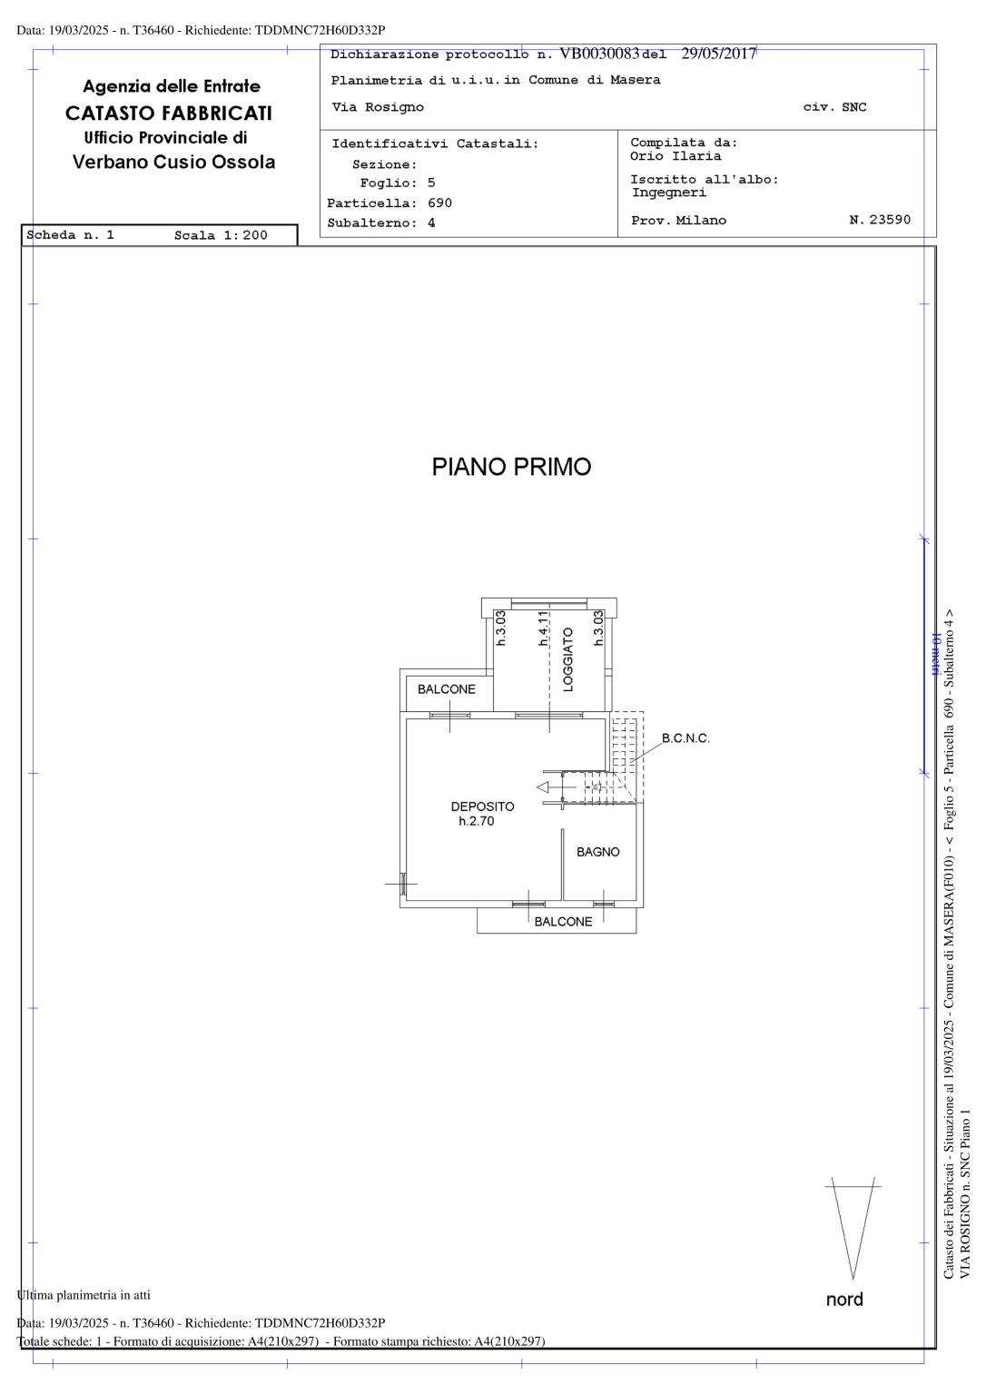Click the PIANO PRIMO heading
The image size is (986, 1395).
coord(511,467)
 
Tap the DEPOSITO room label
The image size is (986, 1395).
coord(482,806)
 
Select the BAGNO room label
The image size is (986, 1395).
coord(597,852)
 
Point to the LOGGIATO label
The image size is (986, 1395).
coord(567,659)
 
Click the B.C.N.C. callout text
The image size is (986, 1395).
coord(685,738)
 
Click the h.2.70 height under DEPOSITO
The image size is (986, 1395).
coord(476,821)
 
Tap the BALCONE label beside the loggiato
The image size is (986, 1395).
coord(447,689)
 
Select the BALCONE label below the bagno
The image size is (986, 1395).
coord(563,922)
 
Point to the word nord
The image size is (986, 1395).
coord(844,1300)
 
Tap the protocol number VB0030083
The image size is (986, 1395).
coord(599,54)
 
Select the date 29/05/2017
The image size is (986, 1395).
coord(718,54)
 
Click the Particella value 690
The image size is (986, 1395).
coord(439,203)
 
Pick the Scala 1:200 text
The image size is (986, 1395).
coord(221,235)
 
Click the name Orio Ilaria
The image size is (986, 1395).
coord(675,156)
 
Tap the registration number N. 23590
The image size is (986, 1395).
coord(880,220)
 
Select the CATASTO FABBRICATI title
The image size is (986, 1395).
coord(169,114)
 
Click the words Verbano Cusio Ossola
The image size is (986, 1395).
coord(173,162)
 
